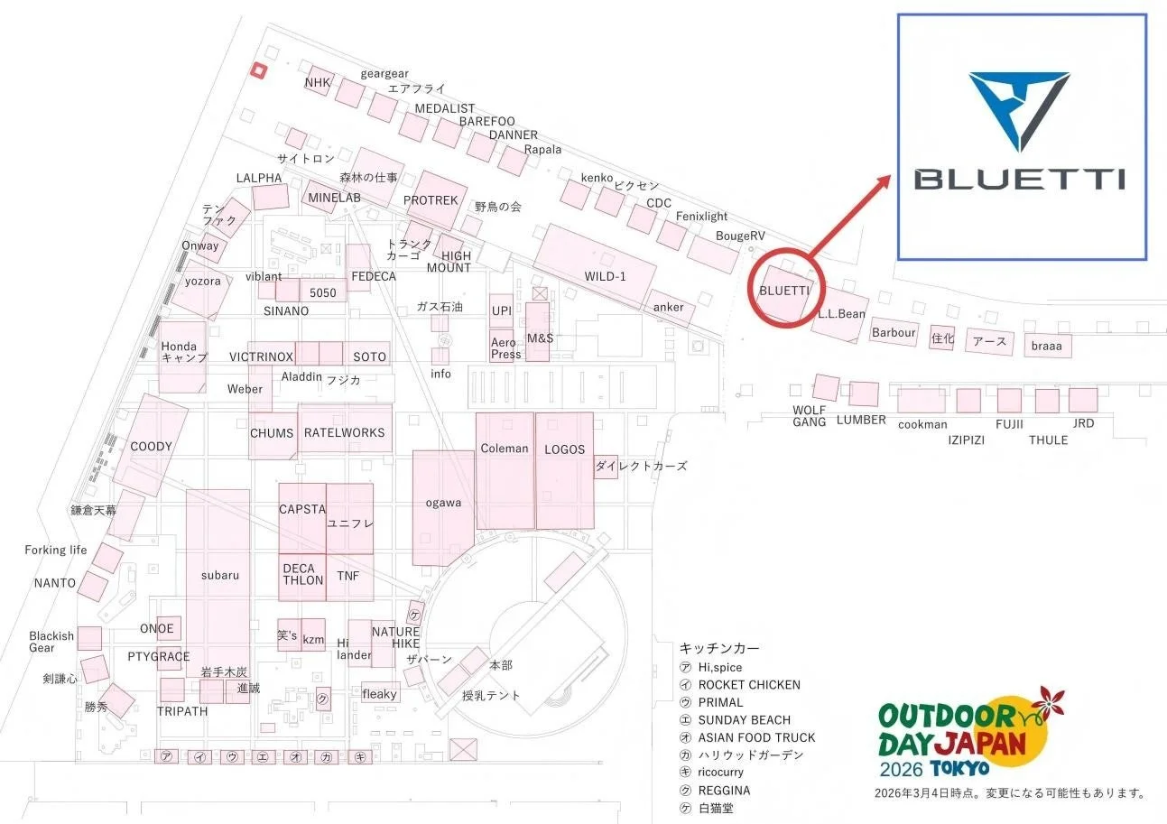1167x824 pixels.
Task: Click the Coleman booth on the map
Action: pyautogui.click(x=505, y=469)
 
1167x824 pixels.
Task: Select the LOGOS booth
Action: pyautogui.click(x=564, y=469)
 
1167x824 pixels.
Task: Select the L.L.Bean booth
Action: pyautogui.click(x=839, y=315)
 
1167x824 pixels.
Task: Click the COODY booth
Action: pyautogui.click(x=151, y=445)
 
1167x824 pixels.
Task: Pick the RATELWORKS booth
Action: pyautogui.click(x=344, y=431)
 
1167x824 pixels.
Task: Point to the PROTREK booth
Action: pyautogui.click(x=431, y=199)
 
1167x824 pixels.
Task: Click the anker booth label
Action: pyautogui.click(x=669, y=307)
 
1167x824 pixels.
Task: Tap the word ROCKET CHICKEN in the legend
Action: pyautogui.click(x=749, y=685)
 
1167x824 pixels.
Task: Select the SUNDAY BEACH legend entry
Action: pyautogui.click(x=744, y=720)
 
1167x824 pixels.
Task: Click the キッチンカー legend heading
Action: pyautogui.click(x=719, y=648)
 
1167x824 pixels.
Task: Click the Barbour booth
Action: pyautogui.click(x=894, y=332)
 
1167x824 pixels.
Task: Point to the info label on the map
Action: pyautogui.click(x=440, y=374)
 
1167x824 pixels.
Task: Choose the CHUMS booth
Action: pyautogui.click(x=272, y=432)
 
